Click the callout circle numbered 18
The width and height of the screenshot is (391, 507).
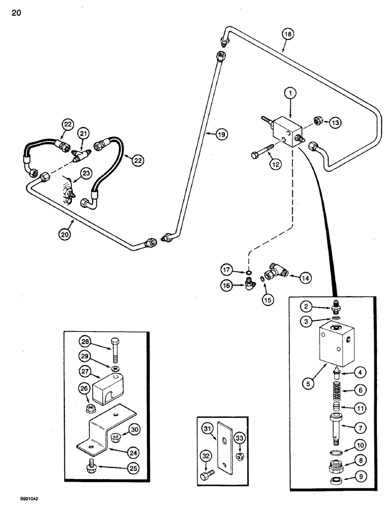(x=288, y=34)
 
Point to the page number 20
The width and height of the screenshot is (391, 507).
(x=16, y=13)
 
